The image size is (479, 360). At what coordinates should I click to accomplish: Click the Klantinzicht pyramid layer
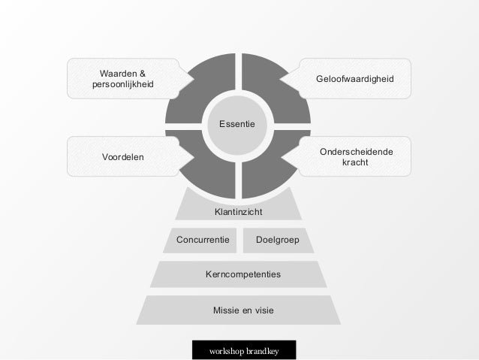pyautogui.click(x=238, y=213)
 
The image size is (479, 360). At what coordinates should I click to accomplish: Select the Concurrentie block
pyautogui.click(x=203, y=241)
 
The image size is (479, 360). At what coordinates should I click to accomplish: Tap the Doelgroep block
pyautogui.click(x=275, y=241)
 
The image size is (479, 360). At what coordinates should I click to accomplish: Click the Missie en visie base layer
pyautogui.click(x=239, y=310)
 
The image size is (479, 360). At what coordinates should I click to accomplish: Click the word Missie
pyautogui.click(x=226, y=310)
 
